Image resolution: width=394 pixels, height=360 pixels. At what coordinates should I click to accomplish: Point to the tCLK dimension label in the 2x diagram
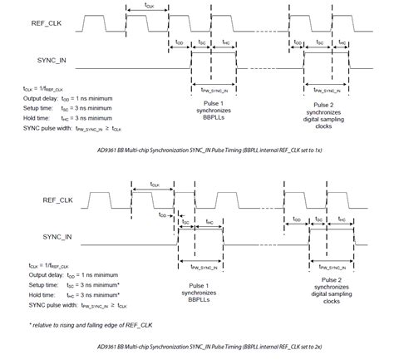coord(155,183)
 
